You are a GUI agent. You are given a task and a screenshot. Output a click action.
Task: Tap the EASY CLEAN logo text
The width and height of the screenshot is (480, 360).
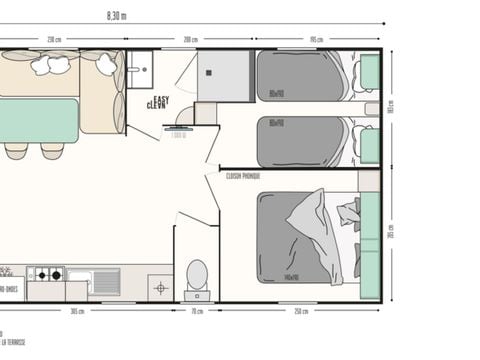tap(158, 102)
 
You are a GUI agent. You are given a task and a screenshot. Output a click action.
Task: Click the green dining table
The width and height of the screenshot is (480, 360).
tap(39, 120)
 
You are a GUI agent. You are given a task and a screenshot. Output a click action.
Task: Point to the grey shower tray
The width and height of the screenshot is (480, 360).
tap(223, 75)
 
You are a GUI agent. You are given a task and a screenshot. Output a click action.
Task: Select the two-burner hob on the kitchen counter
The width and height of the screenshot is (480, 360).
tap(46, 273)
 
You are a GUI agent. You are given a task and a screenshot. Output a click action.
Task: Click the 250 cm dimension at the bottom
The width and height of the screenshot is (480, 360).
tap(300, 311)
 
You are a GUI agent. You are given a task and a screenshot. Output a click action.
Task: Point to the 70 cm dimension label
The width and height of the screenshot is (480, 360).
tap(196, 311)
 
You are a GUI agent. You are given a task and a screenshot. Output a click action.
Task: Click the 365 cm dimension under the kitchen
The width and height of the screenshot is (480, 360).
tap(77, 311)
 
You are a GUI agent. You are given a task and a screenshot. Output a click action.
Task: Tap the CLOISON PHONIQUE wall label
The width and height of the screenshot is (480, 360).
tap(243, 174)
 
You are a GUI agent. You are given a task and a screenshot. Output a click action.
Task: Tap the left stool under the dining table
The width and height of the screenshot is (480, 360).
tap(16, 151)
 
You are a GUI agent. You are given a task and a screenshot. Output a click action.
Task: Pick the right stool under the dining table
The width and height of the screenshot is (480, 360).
tap(51, 151)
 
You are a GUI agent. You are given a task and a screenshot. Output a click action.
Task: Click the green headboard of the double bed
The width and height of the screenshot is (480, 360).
tap(370, 245)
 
